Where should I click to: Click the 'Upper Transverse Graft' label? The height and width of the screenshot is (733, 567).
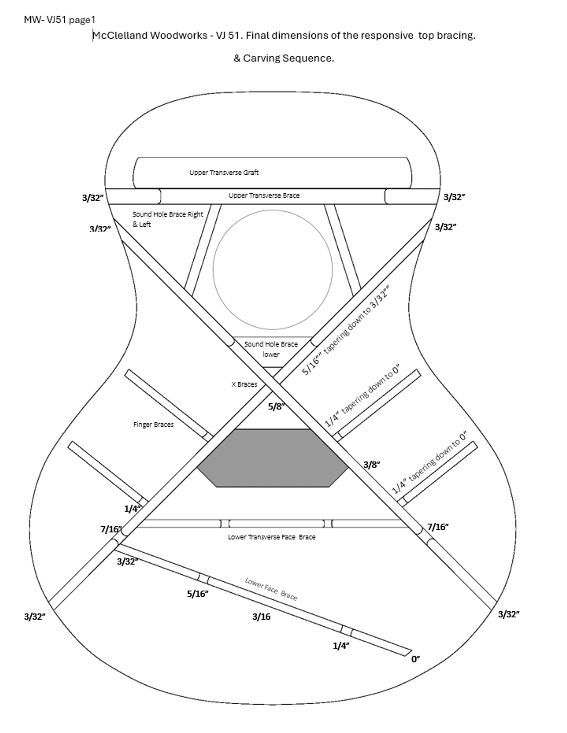[x=224, y=172]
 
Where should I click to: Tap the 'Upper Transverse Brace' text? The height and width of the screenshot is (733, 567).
[x=264, y=195]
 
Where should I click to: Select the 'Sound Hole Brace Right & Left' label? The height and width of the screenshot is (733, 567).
[x=167, y=219]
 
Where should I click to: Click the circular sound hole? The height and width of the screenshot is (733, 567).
[x=273, y=270]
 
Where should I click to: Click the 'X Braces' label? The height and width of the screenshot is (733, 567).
[x=244, y=384]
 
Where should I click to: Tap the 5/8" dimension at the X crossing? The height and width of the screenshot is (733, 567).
[x=276, y=406]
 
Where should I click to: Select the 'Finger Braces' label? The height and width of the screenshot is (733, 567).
[x=153, y=425]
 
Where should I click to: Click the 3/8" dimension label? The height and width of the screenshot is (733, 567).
[x=372, y=464]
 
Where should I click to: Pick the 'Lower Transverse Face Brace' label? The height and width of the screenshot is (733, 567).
[x=272, y=537]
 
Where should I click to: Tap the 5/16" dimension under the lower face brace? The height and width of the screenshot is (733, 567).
[x=198, y=594]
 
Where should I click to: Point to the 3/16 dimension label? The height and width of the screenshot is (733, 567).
[x=261, y=616]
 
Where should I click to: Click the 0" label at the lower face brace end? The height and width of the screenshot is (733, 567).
[x=415, y=659]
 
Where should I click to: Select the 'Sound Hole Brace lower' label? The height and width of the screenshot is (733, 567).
[x=271, y=349]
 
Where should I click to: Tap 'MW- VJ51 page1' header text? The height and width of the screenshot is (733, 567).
[x=60, y=19]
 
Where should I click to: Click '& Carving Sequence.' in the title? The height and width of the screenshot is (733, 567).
[x=283, y=58]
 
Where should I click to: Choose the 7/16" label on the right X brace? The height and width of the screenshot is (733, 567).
[x=438, y=527]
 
